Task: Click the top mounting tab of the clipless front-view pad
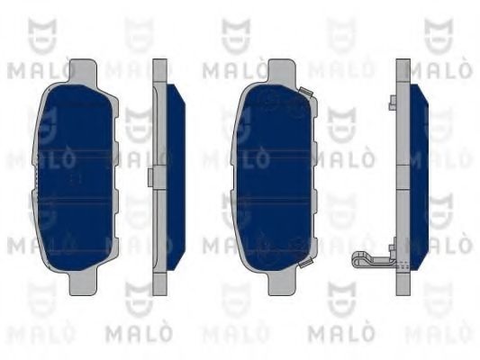[x=83, y=71]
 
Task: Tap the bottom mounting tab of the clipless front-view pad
[x=83, y=283]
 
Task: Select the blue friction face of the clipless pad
[x=76, y=177]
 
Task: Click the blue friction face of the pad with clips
[x=273, y=177]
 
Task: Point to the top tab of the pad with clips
[x=282, y=71]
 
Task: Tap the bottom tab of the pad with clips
[x=282, y=283]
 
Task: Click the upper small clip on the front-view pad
[x=305, y=92]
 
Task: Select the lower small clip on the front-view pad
[x=305, y=263]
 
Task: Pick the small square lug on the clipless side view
[x=150, y=177]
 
